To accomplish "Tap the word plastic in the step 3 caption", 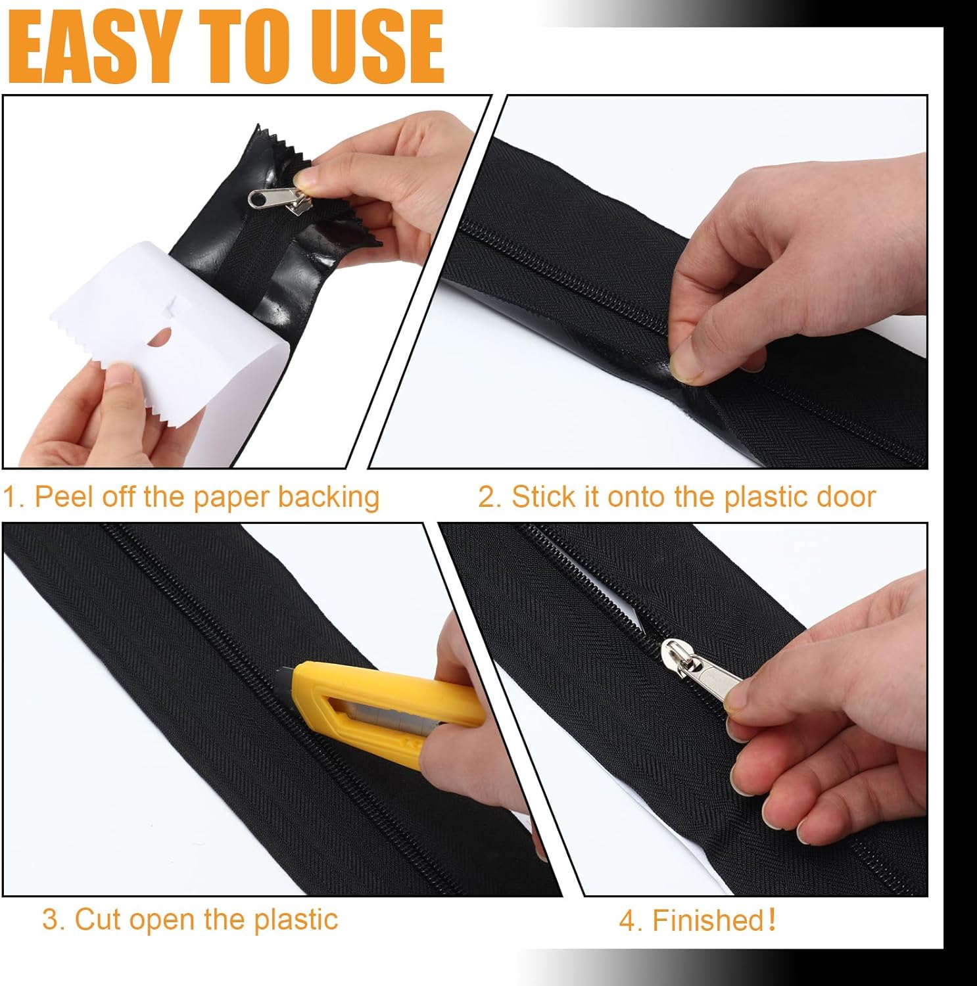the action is point(296,920).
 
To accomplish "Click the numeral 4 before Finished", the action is point(627,921).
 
